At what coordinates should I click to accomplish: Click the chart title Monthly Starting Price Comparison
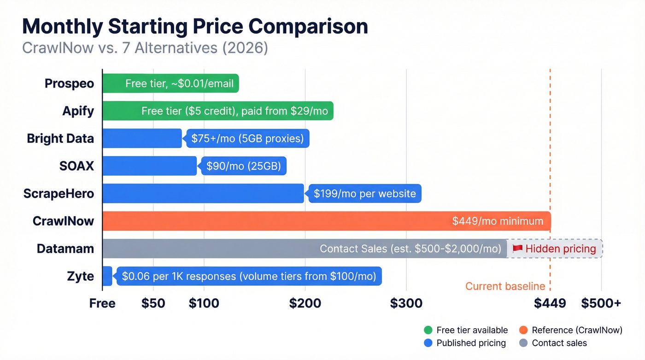coord(195,27)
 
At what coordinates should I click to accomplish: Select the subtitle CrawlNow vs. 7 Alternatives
coord(145,48)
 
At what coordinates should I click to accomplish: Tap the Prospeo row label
coord(69,83)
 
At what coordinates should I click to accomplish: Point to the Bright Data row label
coord(60,138)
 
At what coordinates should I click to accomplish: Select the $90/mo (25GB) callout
coord(243,166)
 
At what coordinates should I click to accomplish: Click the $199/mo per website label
coord(364,194)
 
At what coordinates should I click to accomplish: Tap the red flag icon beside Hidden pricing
coord(517,249)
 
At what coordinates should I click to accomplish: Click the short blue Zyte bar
coord(107,276)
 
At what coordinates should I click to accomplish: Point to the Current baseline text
coord(505,286)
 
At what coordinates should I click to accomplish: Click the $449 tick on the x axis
coord(550,303)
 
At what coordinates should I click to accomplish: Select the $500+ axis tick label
coord(601,303)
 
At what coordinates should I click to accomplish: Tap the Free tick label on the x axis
coord(102,303)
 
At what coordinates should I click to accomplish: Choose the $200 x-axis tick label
coord(305,303)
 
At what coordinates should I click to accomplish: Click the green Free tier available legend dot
coord(428,330)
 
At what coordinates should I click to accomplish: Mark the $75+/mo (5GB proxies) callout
coord(247,138)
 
